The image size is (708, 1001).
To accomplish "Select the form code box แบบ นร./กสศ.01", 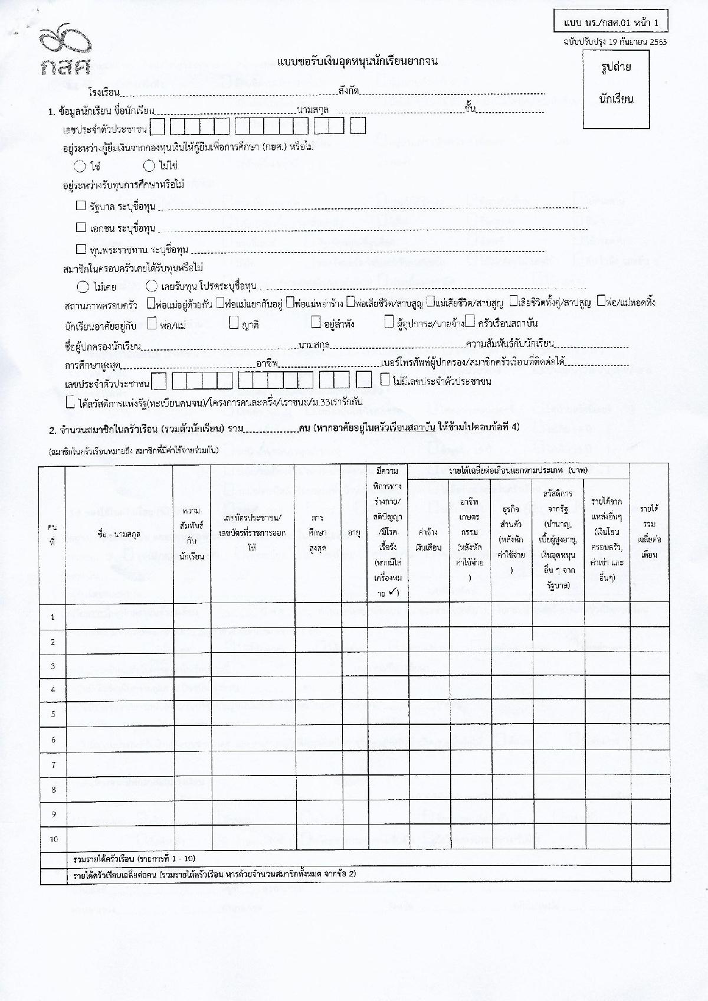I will tap(611, 24).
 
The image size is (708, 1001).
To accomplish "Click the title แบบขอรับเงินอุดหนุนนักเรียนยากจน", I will tap(358, 61).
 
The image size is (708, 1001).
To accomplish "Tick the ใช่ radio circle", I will tap(81, 166).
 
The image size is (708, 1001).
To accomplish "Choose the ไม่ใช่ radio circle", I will tap(149, 166).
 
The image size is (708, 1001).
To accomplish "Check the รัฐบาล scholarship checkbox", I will tap(81, 205).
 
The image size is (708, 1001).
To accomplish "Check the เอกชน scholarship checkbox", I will tap(81, 227).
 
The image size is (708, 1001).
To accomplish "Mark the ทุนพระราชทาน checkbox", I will tap(81, 249).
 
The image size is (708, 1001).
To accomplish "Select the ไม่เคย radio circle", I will tap(83, 287).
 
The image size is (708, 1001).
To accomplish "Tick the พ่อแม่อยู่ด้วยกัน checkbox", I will tap(150, 302).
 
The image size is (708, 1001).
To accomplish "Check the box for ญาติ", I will tap(234, 322).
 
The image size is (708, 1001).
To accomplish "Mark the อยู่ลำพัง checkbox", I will tap(316, 322).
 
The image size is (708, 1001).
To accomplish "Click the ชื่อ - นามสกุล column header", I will tap(119, 535).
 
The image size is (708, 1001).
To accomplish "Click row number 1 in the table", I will tap(53, 617).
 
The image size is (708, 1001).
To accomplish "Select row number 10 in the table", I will tap(53, 839).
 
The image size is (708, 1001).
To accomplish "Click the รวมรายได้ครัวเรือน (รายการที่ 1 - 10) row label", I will tap(133, 858).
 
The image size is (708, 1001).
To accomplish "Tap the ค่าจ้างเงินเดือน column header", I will tap(428, 539).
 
